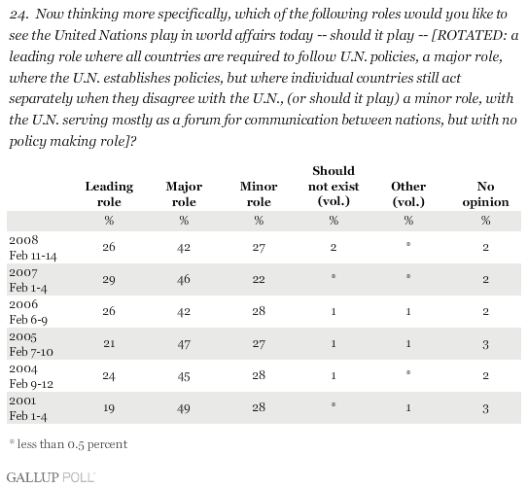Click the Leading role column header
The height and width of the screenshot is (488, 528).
coord(109,193)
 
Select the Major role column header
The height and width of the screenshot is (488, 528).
coord(184,193)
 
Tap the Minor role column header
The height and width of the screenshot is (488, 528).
coord(259,193)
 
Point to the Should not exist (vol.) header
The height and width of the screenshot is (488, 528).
coord(334,186)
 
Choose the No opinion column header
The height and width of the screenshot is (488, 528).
coord(485,193)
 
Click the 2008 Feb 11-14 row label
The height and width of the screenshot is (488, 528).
coord(33,248)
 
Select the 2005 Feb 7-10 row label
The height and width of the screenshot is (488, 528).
coord(31,344)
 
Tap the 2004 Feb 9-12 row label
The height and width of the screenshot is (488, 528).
coord(31,376)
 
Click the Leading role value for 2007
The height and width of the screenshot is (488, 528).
coord(109,279)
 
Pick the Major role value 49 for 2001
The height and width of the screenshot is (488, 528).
coord(184,408)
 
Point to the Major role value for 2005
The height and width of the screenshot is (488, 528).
coord(184,344)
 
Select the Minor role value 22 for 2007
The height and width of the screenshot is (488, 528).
coord(259,279)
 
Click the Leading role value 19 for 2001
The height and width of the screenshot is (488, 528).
coord(109,408)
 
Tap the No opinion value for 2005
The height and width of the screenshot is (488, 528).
coord(485,344)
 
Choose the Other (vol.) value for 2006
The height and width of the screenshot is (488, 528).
coord(408,312)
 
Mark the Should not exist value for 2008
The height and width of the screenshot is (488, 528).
coord(334,247)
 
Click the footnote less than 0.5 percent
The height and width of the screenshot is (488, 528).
coord(68,444)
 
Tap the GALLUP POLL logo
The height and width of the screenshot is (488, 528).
coord(51,477)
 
